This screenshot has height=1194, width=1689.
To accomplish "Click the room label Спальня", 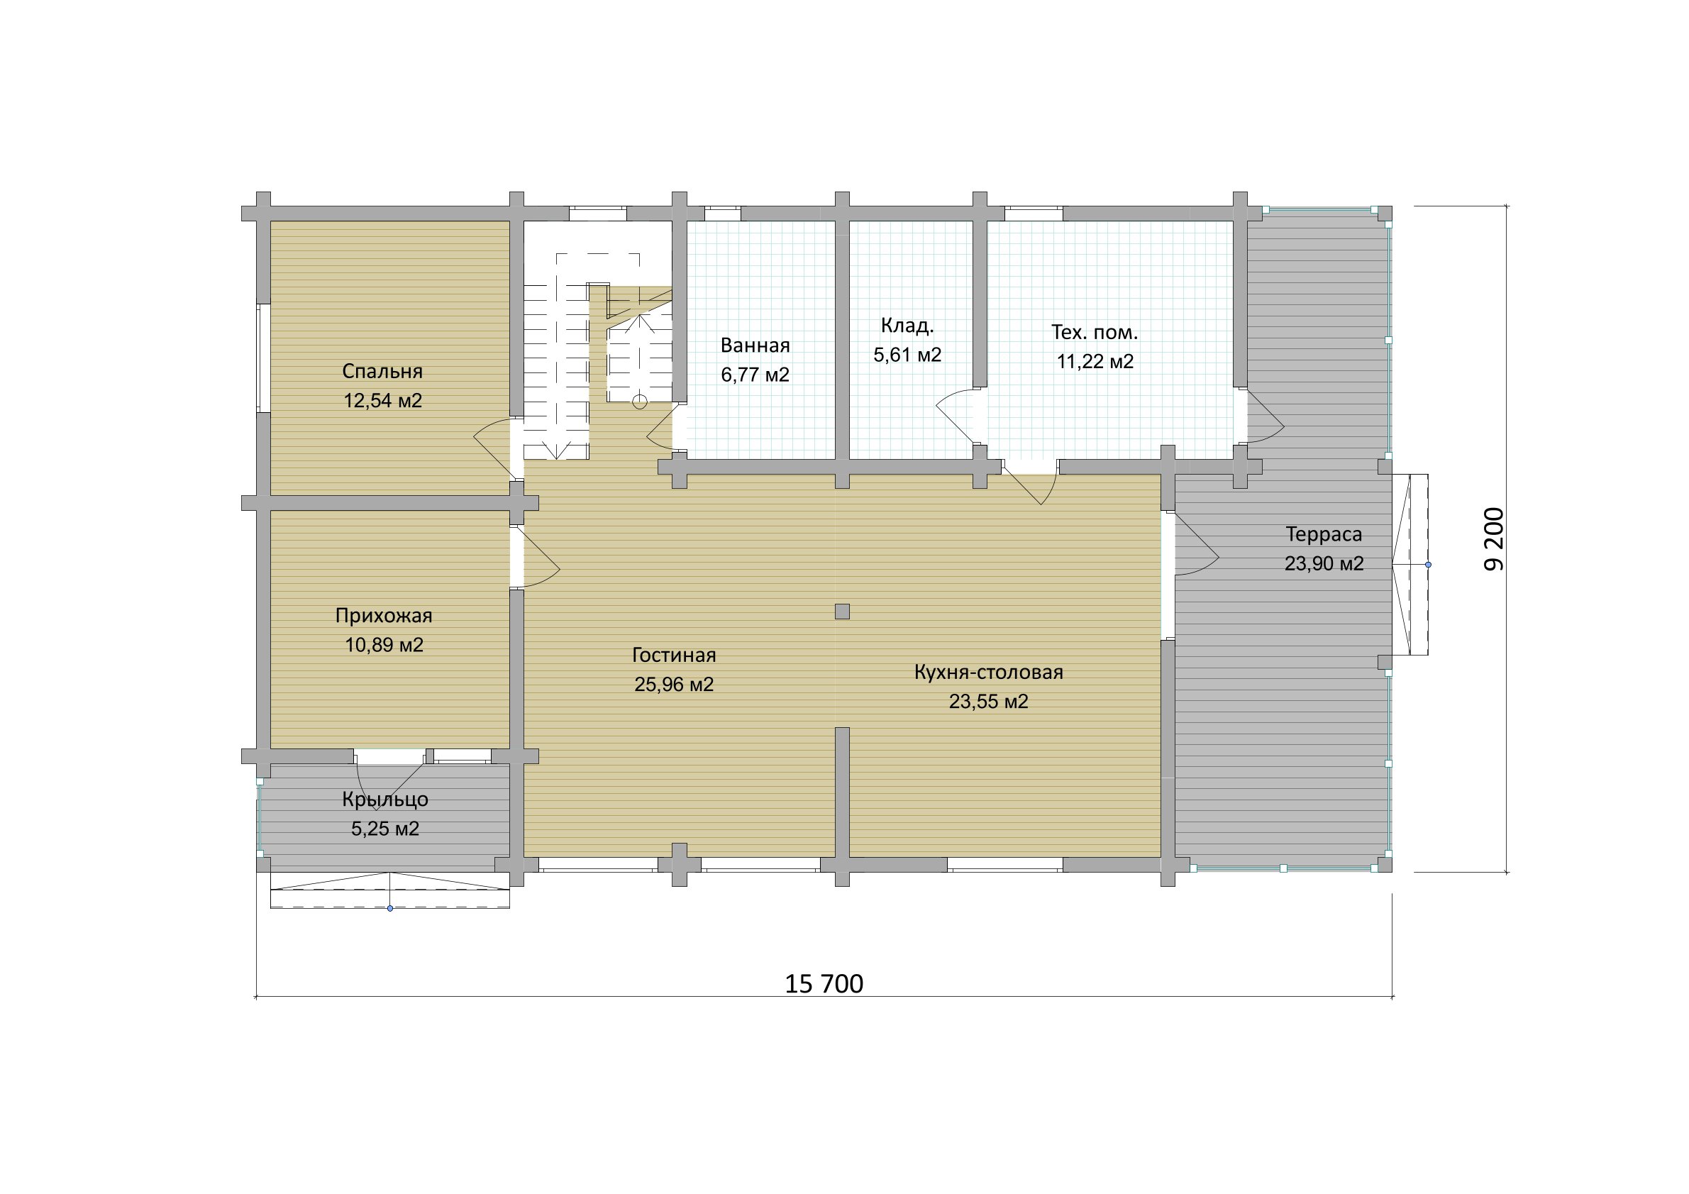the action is click(x=382, y=372).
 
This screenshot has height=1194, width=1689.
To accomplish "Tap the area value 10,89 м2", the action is click(x=384, y=645).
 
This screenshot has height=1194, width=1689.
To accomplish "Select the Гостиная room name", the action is click(x=674, y=655).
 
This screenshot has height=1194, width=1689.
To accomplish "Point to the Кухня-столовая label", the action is click(x=989, y=673).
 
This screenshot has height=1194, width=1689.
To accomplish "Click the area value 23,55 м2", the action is click(x=989, y=702).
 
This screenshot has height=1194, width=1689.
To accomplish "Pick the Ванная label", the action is click(x=755, y=345).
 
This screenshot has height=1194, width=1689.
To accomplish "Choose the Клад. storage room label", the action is click(x=907, y=326).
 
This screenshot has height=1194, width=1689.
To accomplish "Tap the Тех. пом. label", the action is click(x=1095, y=333).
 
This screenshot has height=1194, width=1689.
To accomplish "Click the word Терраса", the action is click(x=1324, y=534).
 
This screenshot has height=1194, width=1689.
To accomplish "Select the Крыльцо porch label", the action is click(x=384, y=800).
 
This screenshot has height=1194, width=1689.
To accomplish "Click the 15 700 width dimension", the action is click(x=824, y=983).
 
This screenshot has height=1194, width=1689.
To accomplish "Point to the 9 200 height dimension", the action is click(x=1494, y=539).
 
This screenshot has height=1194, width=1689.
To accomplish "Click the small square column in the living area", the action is click(x=842, y=612).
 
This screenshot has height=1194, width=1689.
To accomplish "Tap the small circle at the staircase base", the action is click(x=640, y=402).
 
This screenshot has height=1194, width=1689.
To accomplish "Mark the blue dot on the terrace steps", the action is click(x=1428, y=565).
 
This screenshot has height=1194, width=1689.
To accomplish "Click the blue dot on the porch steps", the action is click(x=390, y=909).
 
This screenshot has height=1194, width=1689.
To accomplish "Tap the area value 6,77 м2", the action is click(x=755, y=375).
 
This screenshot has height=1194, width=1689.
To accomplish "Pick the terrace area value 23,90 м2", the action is click(x=1324, y=563).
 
